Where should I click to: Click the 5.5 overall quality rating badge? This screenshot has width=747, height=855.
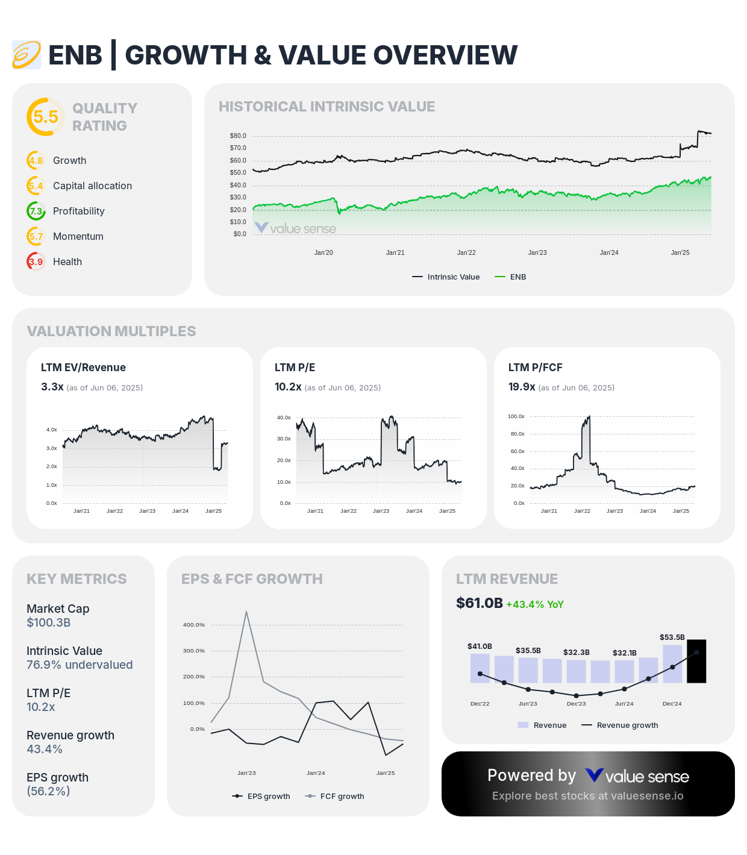[x=46, y=117]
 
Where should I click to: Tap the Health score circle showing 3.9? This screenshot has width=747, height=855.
[x=36, y=262]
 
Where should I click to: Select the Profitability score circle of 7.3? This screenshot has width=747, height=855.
[x=36, y=211]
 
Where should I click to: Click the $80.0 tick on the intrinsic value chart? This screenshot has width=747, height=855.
[x=238, y=136]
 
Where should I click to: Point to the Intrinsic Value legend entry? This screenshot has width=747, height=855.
[x=446, y=277]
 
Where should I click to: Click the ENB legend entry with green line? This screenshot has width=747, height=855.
[x=511, y=277]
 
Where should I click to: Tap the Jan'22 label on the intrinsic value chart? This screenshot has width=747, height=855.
[x=466, y=252]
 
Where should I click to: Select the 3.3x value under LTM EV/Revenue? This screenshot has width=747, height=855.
[x=52, y=387]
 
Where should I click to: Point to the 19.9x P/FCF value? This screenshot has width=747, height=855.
[x=522, y=387]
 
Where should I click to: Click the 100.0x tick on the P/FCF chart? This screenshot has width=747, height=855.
[x=516, y=416]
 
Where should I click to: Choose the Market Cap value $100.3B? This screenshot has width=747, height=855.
[x=49, y=622]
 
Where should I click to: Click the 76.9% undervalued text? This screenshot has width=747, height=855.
[x=80, y=665]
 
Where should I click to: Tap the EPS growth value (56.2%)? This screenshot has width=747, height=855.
[x=48, y=791]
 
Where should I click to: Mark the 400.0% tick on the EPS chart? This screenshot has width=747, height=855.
[x=194, y=625]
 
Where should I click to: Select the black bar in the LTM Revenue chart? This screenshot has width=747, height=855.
[x=696, y=661]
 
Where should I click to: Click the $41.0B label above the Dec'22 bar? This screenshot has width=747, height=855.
[x=480, y=647]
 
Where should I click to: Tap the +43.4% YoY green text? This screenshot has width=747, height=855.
[x=535, y=604]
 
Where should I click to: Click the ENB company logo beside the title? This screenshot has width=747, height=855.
[x=27, y=55]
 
